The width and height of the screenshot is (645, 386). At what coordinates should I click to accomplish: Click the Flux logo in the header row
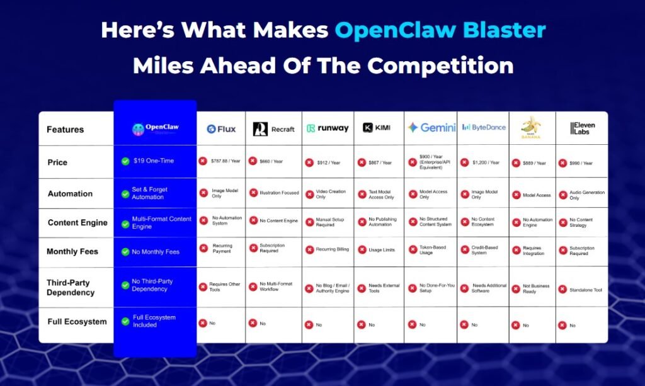[x=221, y=129]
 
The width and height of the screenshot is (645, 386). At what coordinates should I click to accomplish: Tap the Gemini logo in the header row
[x=431, y=128]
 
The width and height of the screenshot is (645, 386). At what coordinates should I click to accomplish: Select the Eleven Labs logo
[x=582, y=128]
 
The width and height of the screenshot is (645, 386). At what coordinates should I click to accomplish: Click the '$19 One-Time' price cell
[x=148, y=161]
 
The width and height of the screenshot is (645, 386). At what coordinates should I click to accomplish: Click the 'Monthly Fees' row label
[x=72, y=252]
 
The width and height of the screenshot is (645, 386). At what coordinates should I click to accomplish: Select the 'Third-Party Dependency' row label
[x=71, y=287]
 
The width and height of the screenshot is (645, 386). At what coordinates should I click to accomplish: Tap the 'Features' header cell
[x=66, y=130]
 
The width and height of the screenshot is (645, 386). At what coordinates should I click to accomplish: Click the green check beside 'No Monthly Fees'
[x=125, y=252]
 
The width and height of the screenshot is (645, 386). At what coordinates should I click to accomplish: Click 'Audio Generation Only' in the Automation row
[x=587, y=195]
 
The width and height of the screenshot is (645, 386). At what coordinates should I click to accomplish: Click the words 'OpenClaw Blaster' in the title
[x=440, y=30]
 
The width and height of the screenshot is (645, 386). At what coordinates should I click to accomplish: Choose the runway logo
[x=328, y=128]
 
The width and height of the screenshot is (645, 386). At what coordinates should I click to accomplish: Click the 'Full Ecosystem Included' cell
[x=154, y=321]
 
